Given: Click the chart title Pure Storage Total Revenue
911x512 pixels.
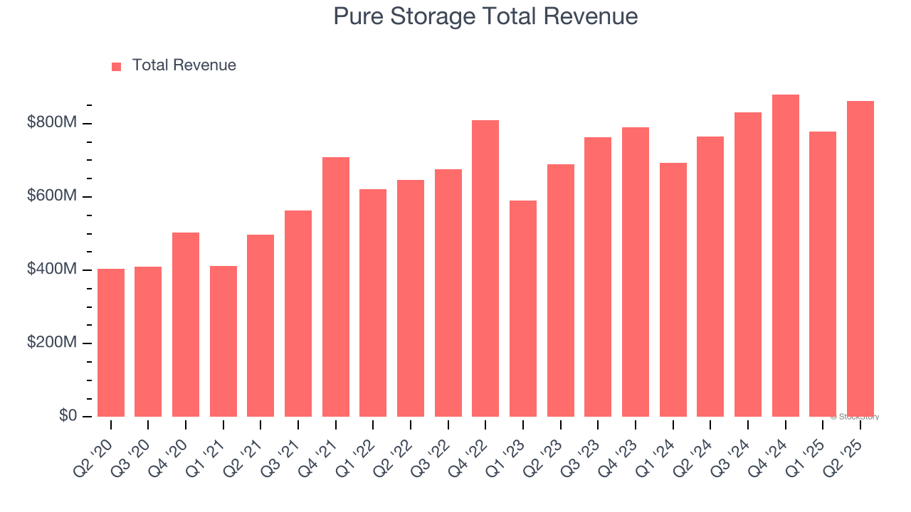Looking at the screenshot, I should [x=485, y=16].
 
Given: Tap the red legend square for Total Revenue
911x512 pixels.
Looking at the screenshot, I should [x=117, y=66].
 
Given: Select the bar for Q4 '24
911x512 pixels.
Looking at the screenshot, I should [x=785, y=256].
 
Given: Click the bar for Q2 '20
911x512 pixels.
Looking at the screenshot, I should [x=111, y=343].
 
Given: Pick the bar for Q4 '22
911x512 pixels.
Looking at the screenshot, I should [x=485, y=269].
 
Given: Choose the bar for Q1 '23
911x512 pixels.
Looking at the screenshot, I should [x=523, y=309].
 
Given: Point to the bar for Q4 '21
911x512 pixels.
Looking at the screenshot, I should [x=336, y=287].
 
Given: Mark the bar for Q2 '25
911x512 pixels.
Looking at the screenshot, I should [x=860, y=259].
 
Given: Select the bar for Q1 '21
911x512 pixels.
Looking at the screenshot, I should [x=223, y=341].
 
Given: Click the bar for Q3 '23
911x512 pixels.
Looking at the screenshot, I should [x=598, y=277].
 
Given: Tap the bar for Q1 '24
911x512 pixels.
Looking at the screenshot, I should [x=673, y=290].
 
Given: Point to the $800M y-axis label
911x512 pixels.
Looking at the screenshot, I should [x=51, y=123].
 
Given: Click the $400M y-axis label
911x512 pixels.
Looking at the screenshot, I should [x=51, y=270].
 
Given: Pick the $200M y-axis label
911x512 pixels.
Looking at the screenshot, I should [x=51, y=343].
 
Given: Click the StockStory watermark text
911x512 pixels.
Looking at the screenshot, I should [x=854, y=417].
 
